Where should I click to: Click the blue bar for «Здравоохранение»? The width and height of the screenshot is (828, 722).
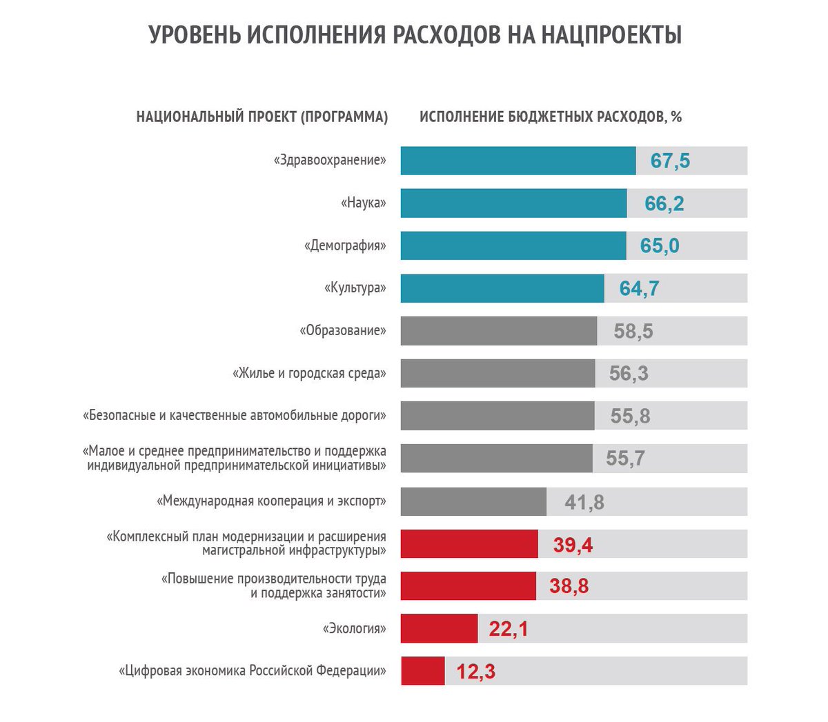(517, 161)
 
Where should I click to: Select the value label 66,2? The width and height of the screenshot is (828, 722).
(664, 203)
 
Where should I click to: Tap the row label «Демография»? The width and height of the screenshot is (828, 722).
(345, 245)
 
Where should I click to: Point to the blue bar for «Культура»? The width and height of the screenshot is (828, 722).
(502, 288)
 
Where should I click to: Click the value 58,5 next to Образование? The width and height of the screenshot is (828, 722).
(633, 331)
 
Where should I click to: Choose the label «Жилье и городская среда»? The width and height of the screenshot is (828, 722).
(309, 373)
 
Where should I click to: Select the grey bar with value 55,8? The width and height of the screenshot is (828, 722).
(497, 416)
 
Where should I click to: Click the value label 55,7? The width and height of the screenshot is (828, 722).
(624, 459)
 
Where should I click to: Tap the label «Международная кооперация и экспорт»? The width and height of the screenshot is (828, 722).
(271, 501)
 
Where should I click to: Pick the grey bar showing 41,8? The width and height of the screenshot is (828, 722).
(473, 501)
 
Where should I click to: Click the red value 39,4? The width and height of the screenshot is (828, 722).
(572, 545)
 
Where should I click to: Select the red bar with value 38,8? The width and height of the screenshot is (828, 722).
(468, 586)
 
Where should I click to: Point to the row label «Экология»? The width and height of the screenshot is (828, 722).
(355, 628)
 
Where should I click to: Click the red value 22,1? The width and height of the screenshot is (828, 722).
(508, 629)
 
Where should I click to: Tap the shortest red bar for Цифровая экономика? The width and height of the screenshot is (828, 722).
(422, 671)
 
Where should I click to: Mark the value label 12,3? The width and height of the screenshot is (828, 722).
(475, 672)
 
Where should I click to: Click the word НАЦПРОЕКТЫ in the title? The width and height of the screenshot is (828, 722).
(611, 34)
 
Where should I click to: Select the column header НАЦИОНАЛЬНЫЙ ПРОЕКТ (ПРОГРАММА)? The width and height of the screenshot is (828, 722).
(262, 117)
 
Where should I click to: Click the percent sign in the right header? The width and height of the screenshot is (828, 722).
(676, 117)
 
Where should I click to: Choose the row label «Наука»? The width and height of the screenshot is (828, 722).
(364, 203)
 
